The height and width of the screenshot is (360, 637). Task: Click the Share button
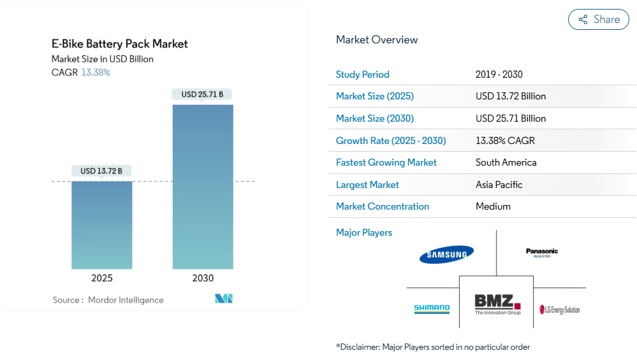598,20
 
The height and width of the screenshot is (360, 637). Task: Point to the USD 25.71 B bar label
202,94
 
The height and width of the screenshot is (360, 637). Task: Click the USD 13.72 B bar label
101,171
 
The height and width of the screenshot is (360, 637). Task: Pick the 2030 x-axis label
203,278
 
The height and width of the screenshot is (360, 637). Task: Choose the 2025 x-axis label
102,278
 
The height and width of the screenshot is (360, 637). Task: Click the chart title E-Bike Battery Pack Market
120,44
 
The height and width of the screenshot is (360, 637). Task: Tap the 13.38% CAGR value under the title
96,73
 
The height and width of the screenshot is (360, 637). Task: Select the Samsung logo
446,255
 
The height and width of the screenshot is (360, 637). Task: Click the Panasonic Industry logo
542,252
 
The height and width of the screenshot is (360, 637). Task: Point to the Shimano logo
432,309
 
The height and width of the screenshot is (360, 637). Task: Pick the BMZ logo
497,304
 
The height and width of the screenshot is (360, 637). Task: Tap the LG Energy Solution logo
560,310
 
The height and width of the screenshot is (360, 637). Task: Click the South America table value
506,162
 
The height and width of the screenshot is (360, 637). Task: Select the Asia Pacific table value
499,185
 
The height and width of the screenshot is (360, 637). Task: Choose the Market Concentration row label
383,206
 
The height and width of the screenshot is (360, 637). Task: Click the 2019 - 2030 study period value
499,75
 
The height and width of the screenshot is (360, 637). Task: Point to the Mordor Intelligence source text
126,300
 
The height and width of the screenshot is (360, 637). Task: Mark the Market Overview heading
377,40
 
